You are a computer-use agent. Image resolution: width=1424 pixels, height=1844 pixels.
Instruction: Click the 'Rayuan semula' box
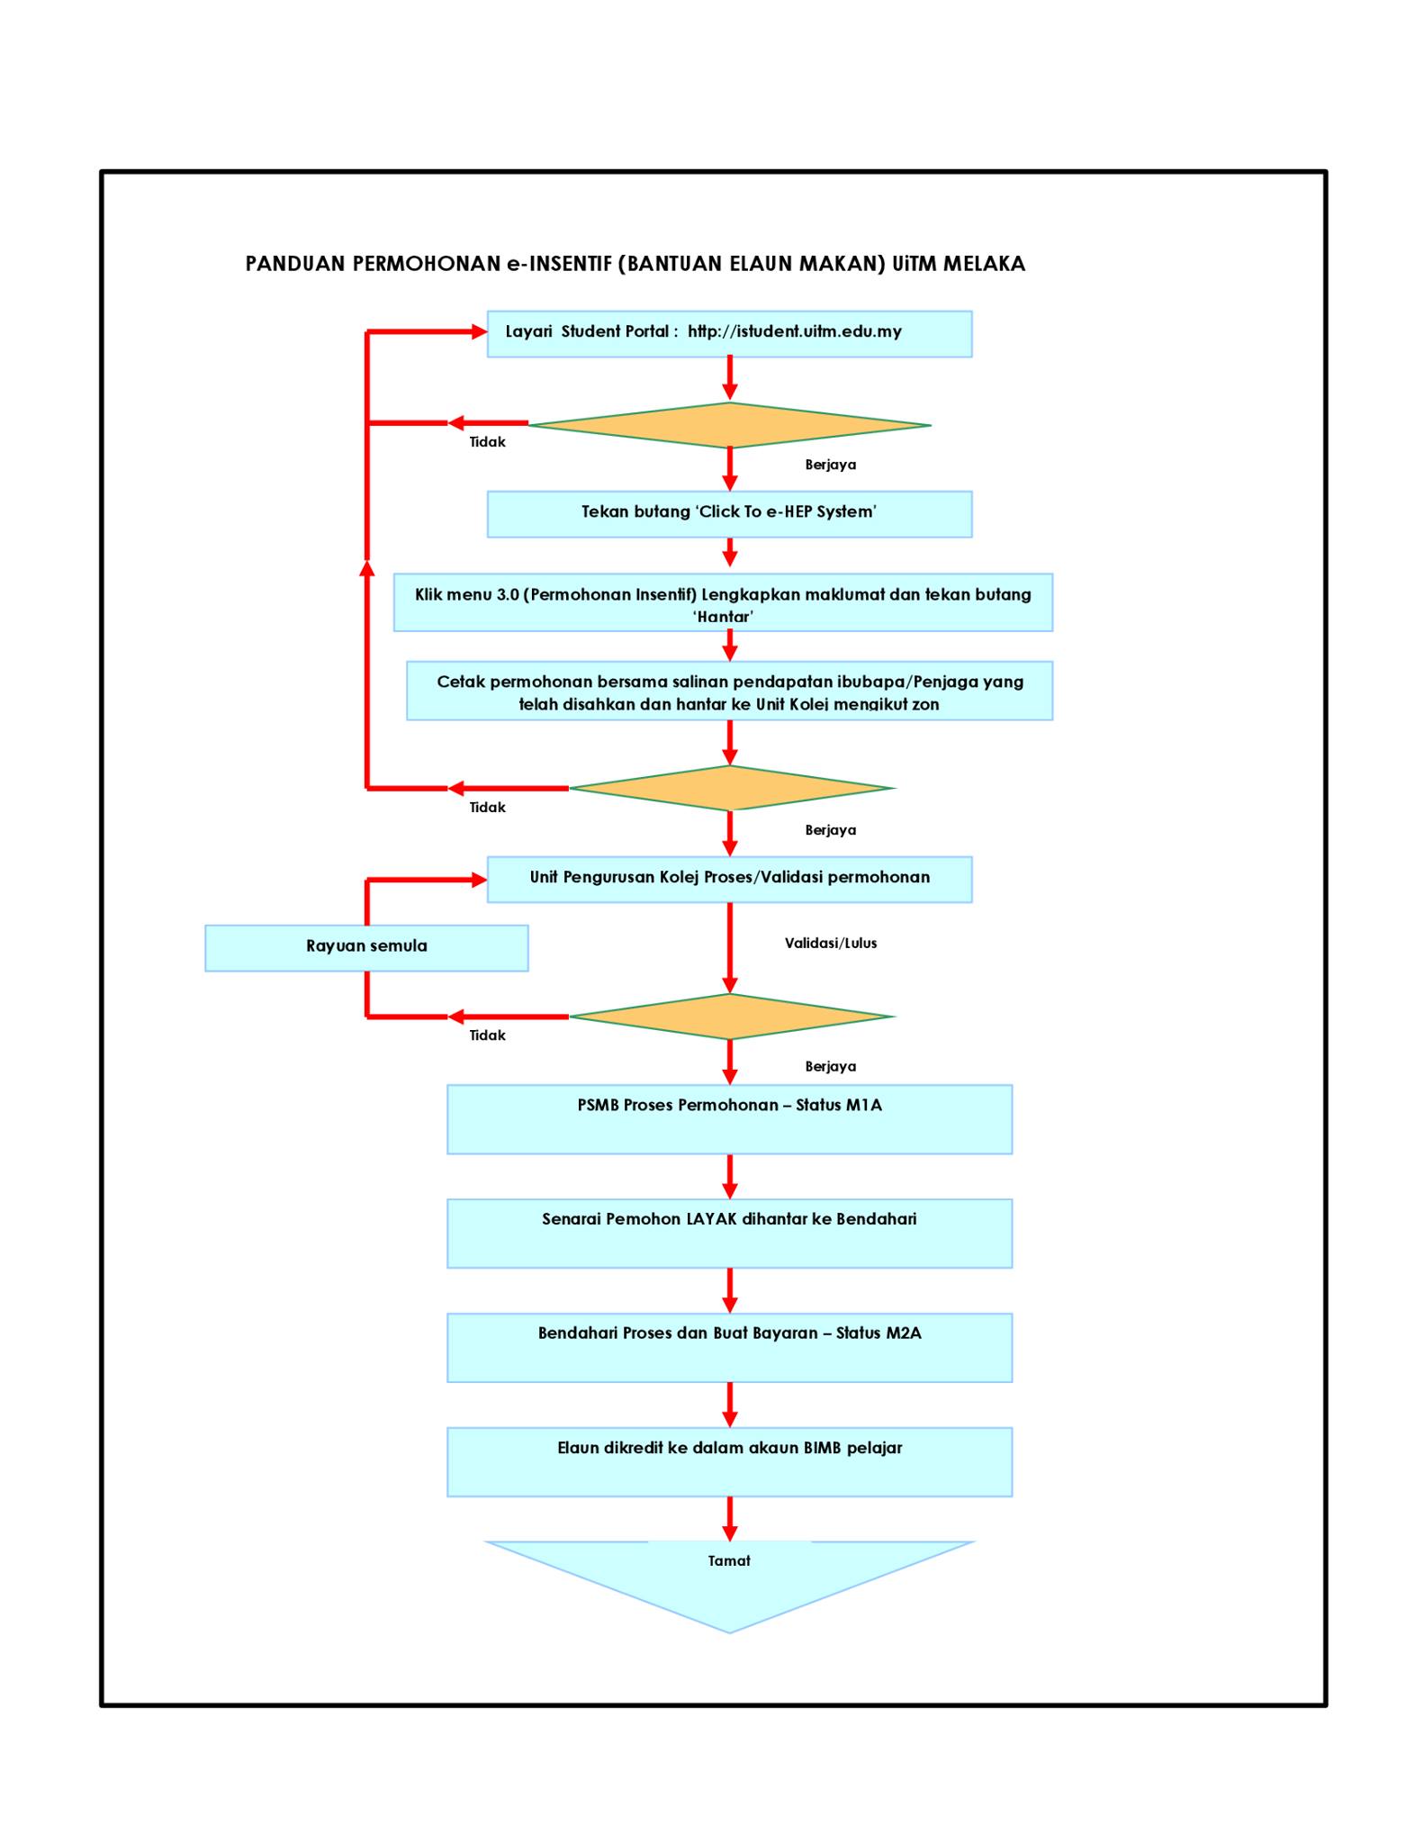pyautogui.click(x=366, y=947)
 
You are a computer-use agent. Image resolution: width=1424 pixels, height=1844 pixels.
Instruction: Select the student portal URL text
pyautogui.click(x=794, y=331)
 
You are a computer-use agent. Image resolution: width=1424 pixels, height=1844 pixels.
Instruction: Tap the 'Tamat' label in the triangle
pyautogui.click(x=729, y=1560)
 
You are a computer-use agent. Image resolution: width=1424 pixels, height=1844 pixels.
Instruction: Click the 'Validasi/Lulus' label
pyautogui.click(x=831, y=943)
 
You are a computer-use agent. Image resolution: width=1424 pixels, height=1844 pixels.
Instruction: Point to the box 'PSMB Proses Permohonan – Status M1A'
pyautogui.click(x=729, y=1119)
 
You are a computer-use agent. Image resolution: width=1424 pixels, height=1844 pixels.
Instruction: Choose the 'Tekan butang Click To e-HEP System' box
pyautogui.click(x=729, y=514)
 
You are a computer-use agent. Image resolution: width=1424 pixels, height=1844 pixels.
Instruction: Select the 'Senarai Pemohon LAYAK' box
pyautogui.click(x=729, y=1234)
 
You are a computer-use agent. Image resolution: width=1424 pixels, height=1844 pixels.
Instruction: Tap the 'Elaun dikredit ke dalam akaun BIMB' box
pyautogui.click(x=729, y=1462)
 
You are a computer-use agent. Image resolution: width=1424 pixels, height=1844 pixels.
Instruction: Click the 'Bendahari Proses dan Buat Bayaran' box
pyautogui.click(x=729, y=1348)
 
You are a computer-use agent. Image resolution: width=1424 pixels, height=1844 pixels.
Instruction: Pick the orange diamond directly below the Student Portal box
pyautogui.click(x=729, y=425)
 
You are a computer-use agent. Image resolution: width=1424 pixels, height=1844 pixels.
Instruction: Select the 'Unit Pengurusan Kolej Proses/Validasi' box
pyautogui.click(x=729, y=880)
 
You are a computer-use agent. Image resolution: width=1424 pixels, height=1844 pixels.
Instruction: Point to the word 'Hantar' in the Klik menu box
pyautogui.click(x=723, y=617)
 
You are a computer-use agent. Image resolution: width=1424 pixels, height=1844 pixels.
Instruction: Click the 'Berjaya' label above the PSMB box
pyautogui.click(x=831, y=1067)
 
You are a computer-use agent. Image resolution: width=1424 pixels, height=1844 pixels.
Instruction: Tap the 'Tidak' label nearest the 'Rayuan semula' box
pyautogui.click(x=487, y=1035)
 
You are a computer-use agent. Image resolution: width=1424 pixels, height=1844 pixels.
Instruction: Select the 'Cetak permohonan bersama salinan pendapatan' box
pyautogui.click(x=729, y=691)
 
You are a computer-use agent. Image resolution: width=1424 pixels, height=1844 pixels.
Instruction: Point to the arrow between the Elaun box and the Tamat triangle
pyautogui.click(x=730, y=1519)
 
